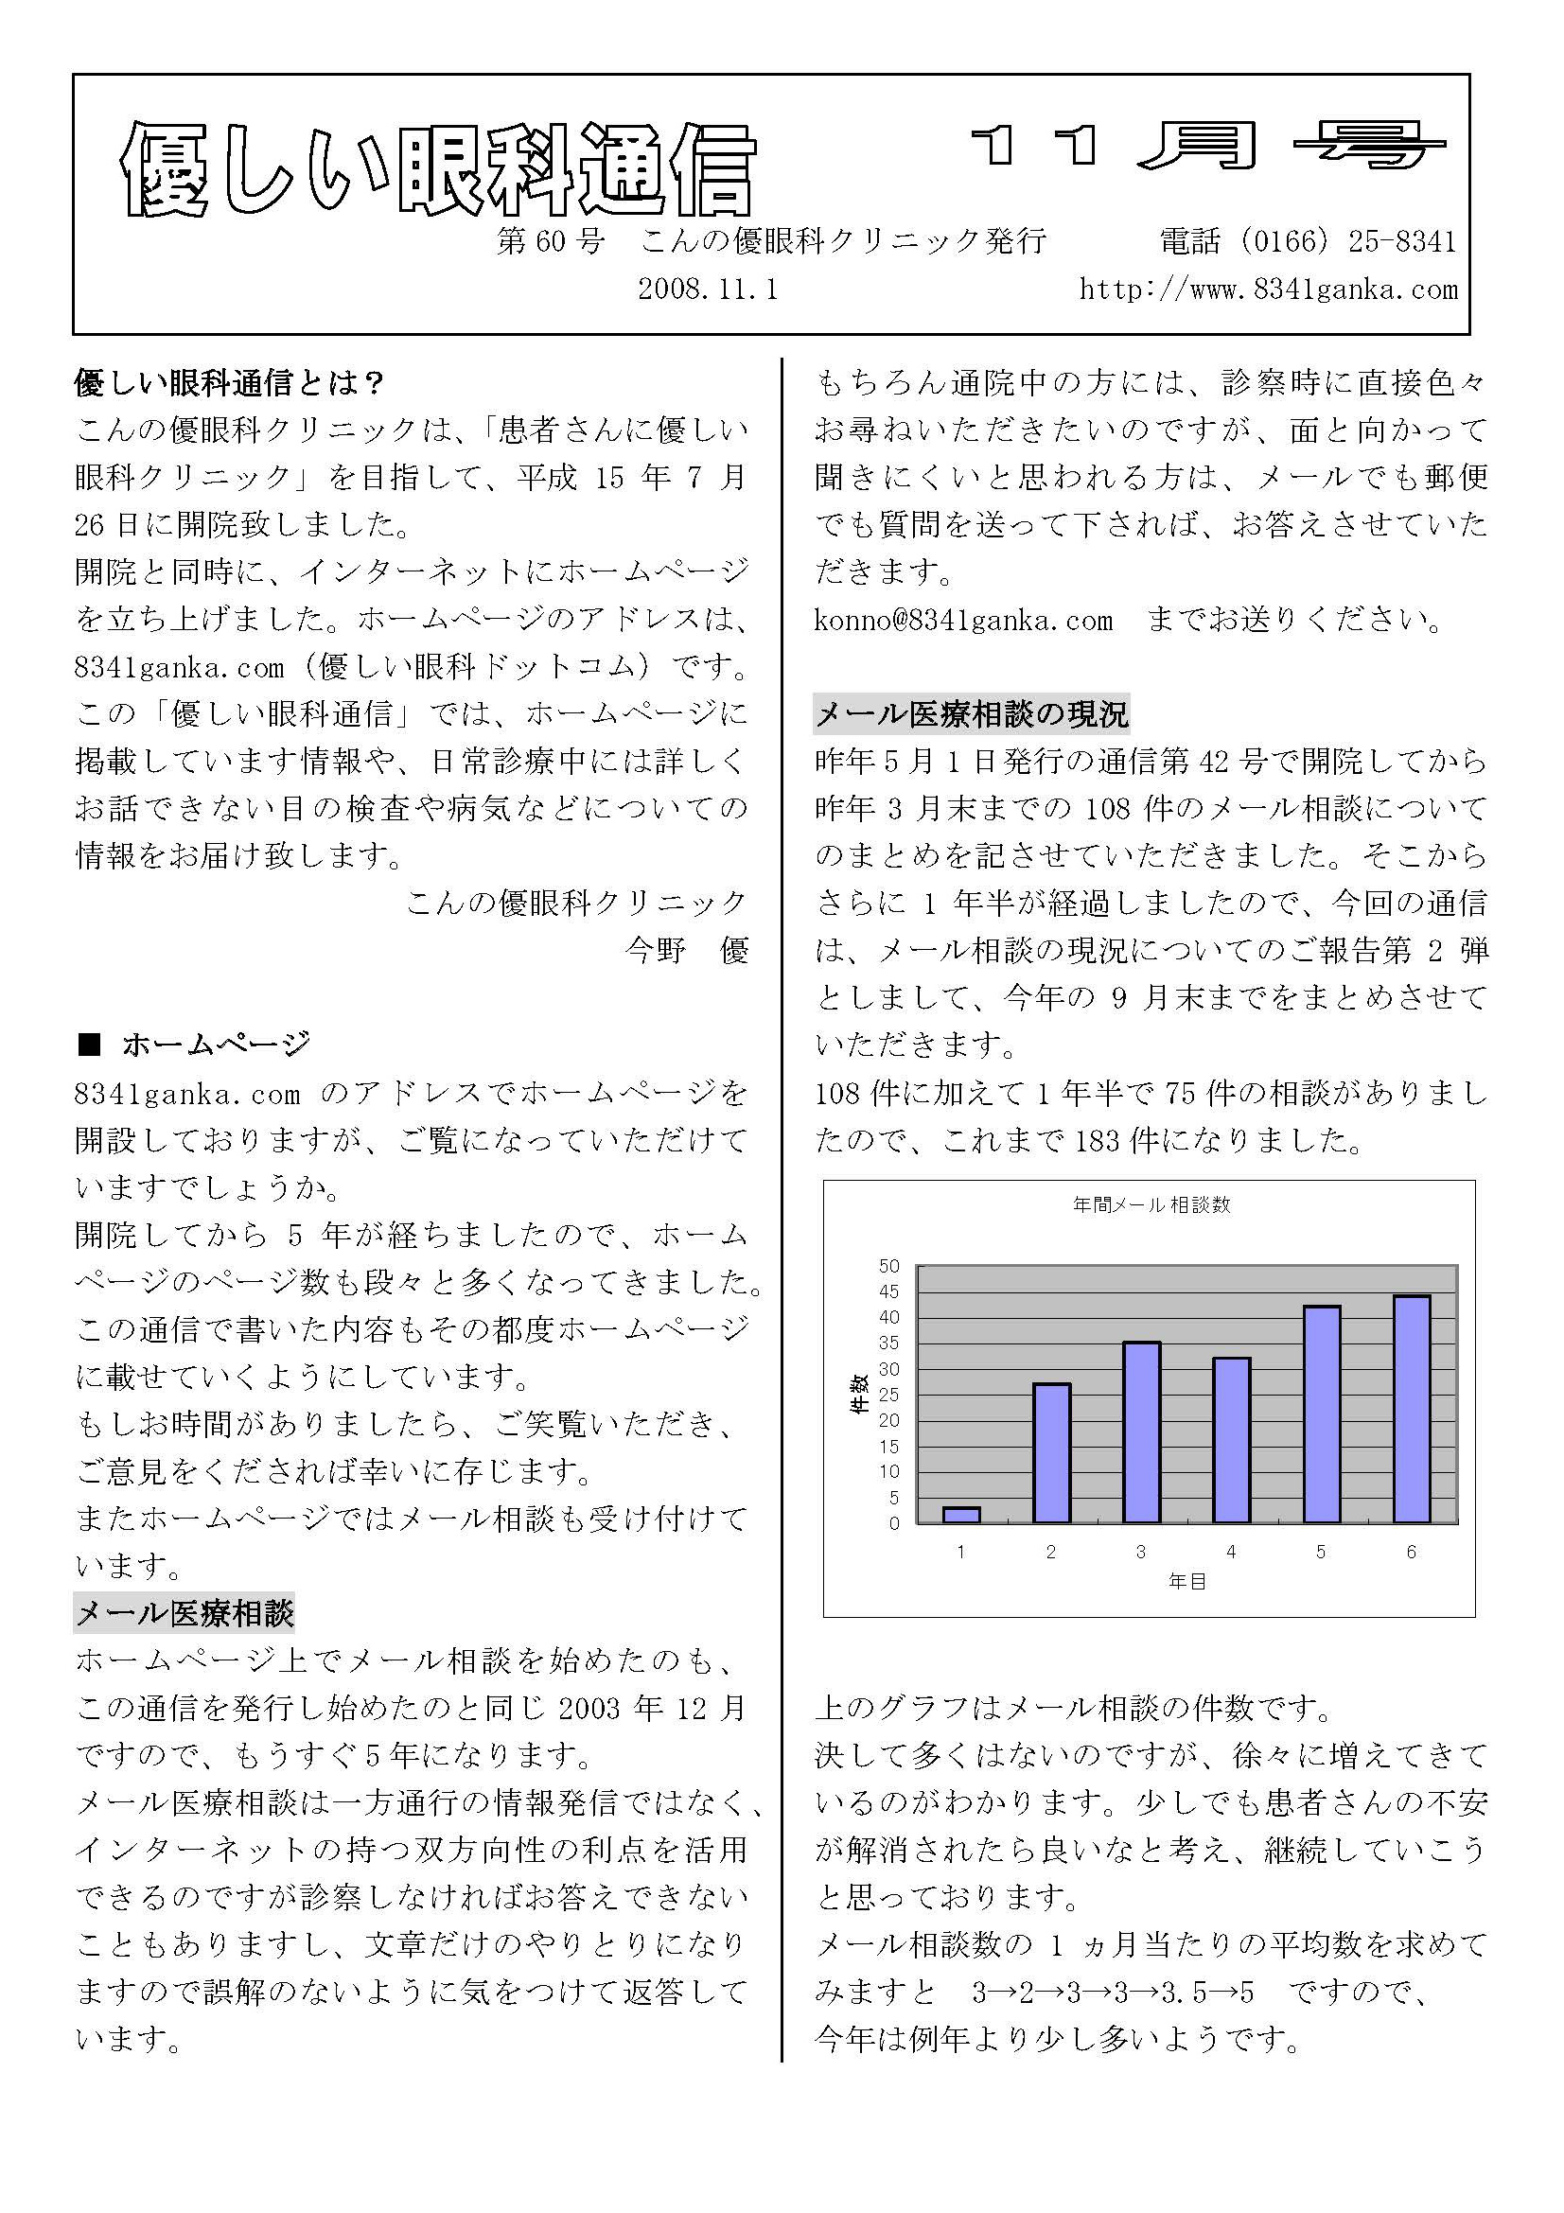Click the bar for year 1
(x=960, y=1515)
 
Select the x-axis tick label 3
(x=1141, y=1553)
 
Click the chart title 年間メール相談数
(x=1151, y=1205)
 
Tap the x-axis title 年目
(x=1186, y=1583)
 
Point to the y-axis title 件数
(x=856, y=1394)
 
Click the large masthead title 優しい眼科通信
(x=438, y=170)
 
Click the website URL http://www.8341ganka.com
(x=1268, y=290)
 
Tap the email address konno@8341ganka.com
(x=963, y=620)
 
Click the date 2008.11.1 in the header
(x=708, y=290)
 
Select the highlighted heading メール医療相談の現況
(x=972, y=714)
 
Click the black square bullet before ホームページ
(x=90, y=1045)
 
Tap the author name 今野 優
(x=686, y=950)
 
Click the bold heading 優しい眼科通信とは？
(x=230, y=383)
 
